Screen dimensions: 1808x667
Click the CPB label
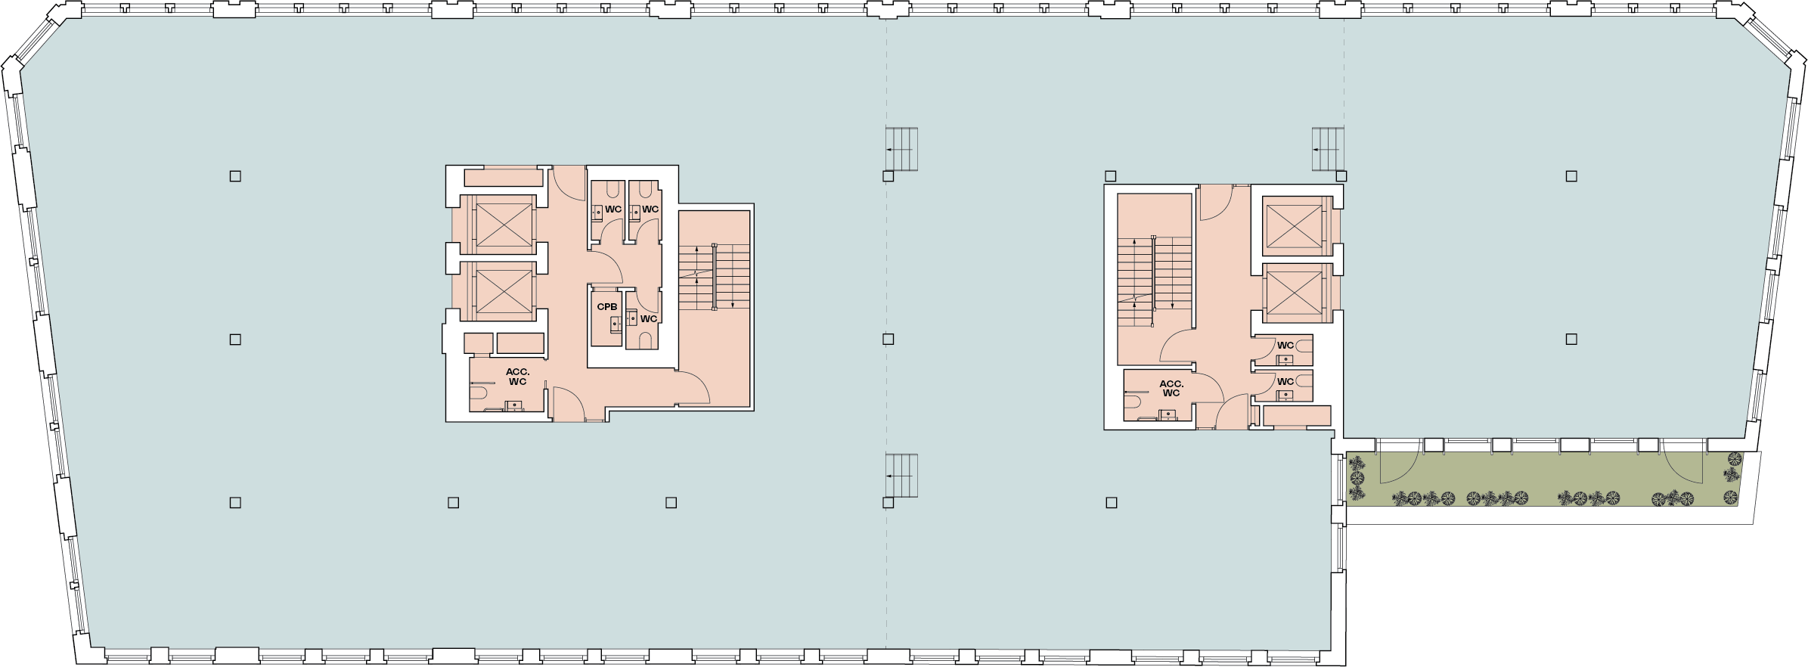(607, 307)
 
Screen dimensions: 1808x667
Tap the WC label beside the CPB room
(649, 319)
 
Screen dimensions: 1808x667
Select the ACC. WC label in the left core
(517, 377)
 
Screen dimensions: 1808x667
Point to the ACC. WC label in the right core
(1171, 389)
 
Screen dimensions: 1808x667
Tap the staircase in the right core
(1154, 281)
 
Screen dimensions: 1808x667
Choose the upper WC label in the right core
(1285, 346)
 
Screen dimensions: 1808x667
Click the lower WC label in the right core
(1285, 382)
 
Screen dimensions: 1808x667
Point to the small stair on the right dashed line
(1329, 149)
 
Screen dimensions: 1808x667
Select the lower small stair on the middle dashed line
(901, 476)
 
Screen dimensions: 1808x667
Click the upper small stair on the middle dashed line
(901, 149)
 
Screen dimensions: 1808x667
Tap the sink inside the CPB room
(616, 324)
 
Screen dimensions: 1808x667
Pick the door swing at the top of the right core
(1216, 203)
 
